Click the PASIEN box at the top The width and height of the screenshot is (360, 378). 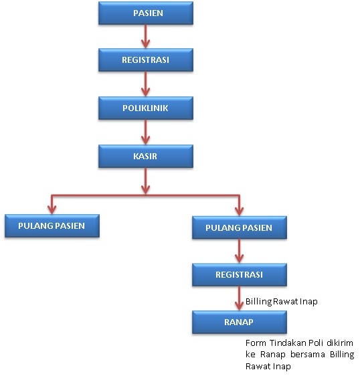146,13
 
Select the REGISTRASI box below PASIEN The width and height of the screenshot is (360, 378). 146,60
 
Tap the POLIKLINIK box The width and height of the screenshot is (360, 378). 146,108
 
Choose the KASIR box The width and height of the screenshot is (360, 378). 146,156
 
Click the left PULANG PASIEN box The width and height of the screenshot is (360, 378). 52,226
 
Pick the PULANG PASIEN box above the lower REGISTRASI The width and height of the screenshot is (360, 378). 239,227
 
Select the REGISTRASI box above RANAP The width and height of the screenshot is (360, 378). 239,275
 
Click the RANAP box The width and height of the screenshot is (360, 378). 239,322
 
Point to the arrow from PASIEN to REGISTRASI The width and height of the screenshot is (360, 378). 145,36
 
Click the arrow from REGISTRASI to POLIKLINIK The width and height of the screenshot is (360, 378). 145,84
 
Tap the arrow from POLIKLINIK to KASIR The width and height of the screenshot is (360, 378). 145,132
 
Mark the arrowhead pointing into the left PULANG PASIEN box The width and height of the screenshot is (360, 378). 52,209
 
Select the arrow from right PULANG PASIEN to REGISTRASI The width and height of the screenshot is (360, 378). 239,251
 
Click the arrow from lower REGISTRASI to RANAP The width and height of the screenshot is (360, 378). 239,298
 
